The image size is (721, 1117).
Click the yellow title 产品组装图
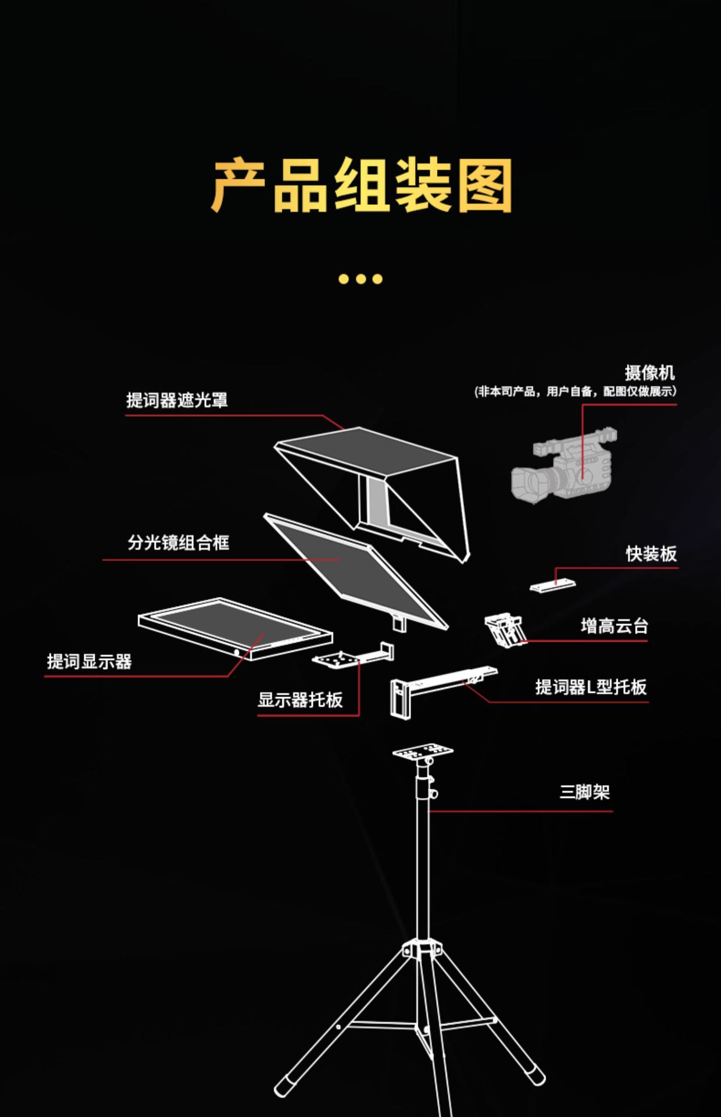pos(360,185)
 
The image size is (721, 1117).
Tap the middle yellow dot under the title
pos(360,279)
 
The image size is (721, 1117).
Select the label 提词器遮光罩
pos(177,400)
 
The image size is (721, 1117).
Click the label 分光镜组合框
pos(179,543)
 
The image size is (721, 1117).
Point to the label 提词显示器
pos(90,661)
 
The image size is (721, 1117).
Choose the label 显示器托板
pos(300,700)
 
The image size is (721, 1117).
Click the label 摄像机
pos(649,373)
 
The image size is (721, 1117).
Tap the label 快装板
pos(651,554)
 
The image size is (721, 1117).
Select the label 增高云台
pos(614,627)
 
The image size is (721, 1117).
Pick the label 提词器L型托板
pos(591,687)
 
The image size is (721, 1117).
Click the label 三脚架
pos(584,792)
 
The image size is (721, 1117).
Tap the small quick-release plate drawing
pos(552,584)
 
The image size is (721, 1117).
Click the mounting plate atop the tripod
pos(423,751)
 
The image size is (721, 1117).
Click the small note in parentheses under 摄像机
pos(576,392)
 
